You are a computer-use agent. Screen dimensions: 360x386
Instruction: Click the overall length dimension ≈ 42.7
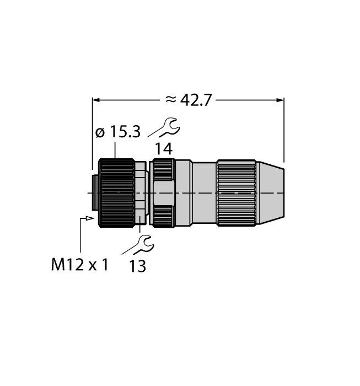click(x=188, y=100)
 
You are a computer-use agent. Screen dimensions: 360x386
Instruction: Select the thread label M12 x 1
click(x=80, y=265)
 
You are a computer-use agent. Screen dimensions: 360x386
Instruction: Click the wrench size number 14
click(x=163, y=148)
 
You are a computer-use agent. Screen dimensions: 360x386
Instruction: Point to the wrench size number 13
click(x=137, y=266)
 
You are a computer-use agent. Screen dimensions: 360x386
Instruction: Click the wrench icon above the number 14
click(x=164, y=127)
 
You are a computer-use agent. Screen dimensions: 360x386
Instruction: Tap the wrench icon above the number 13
click(x=138, y=245)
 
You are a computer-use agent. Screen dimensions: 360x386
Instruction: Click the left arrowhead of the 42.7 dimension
click(x=96, y=100)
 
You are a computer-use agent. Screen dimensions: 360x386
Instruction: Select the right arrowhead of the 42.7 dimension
click(x=280, y=100)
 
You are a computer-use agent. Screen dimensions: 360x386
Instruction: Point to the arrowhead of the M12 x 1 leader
click(x=90, y=218)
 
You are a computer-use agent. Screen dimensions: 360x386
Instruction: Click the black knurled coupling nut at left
click(x=116, y=193)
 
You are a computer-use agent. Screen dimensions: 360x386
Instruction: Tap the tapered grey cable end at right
click(x=271, y=193)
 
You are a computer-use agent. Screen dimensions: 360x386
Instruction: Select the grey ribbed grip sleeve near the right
click(x=236, y=193)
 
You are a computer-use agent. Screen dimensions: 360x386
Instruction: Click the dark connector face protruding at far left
click(x=95, y=193)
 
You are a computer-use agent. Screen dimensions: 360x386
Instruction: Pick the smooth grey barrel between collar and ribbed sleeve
click(x=204, y=193)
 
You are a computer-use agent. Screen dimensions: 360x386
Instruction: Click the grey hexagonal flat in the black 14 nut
click(x=164, y=193)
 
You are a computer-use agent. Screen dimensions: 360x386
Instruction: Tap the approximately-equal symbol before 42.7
click(x=171, y=99)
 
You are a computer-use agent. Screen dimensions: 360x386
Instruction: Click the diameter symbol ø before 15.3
click(x=100, y=133)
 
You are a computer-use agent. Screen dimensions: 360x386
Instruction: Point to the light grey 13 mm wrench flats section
click(x=141, y=193)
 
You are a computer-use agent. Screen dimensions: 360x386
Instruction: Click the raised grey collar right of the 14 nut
click(x=184, y=193)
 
